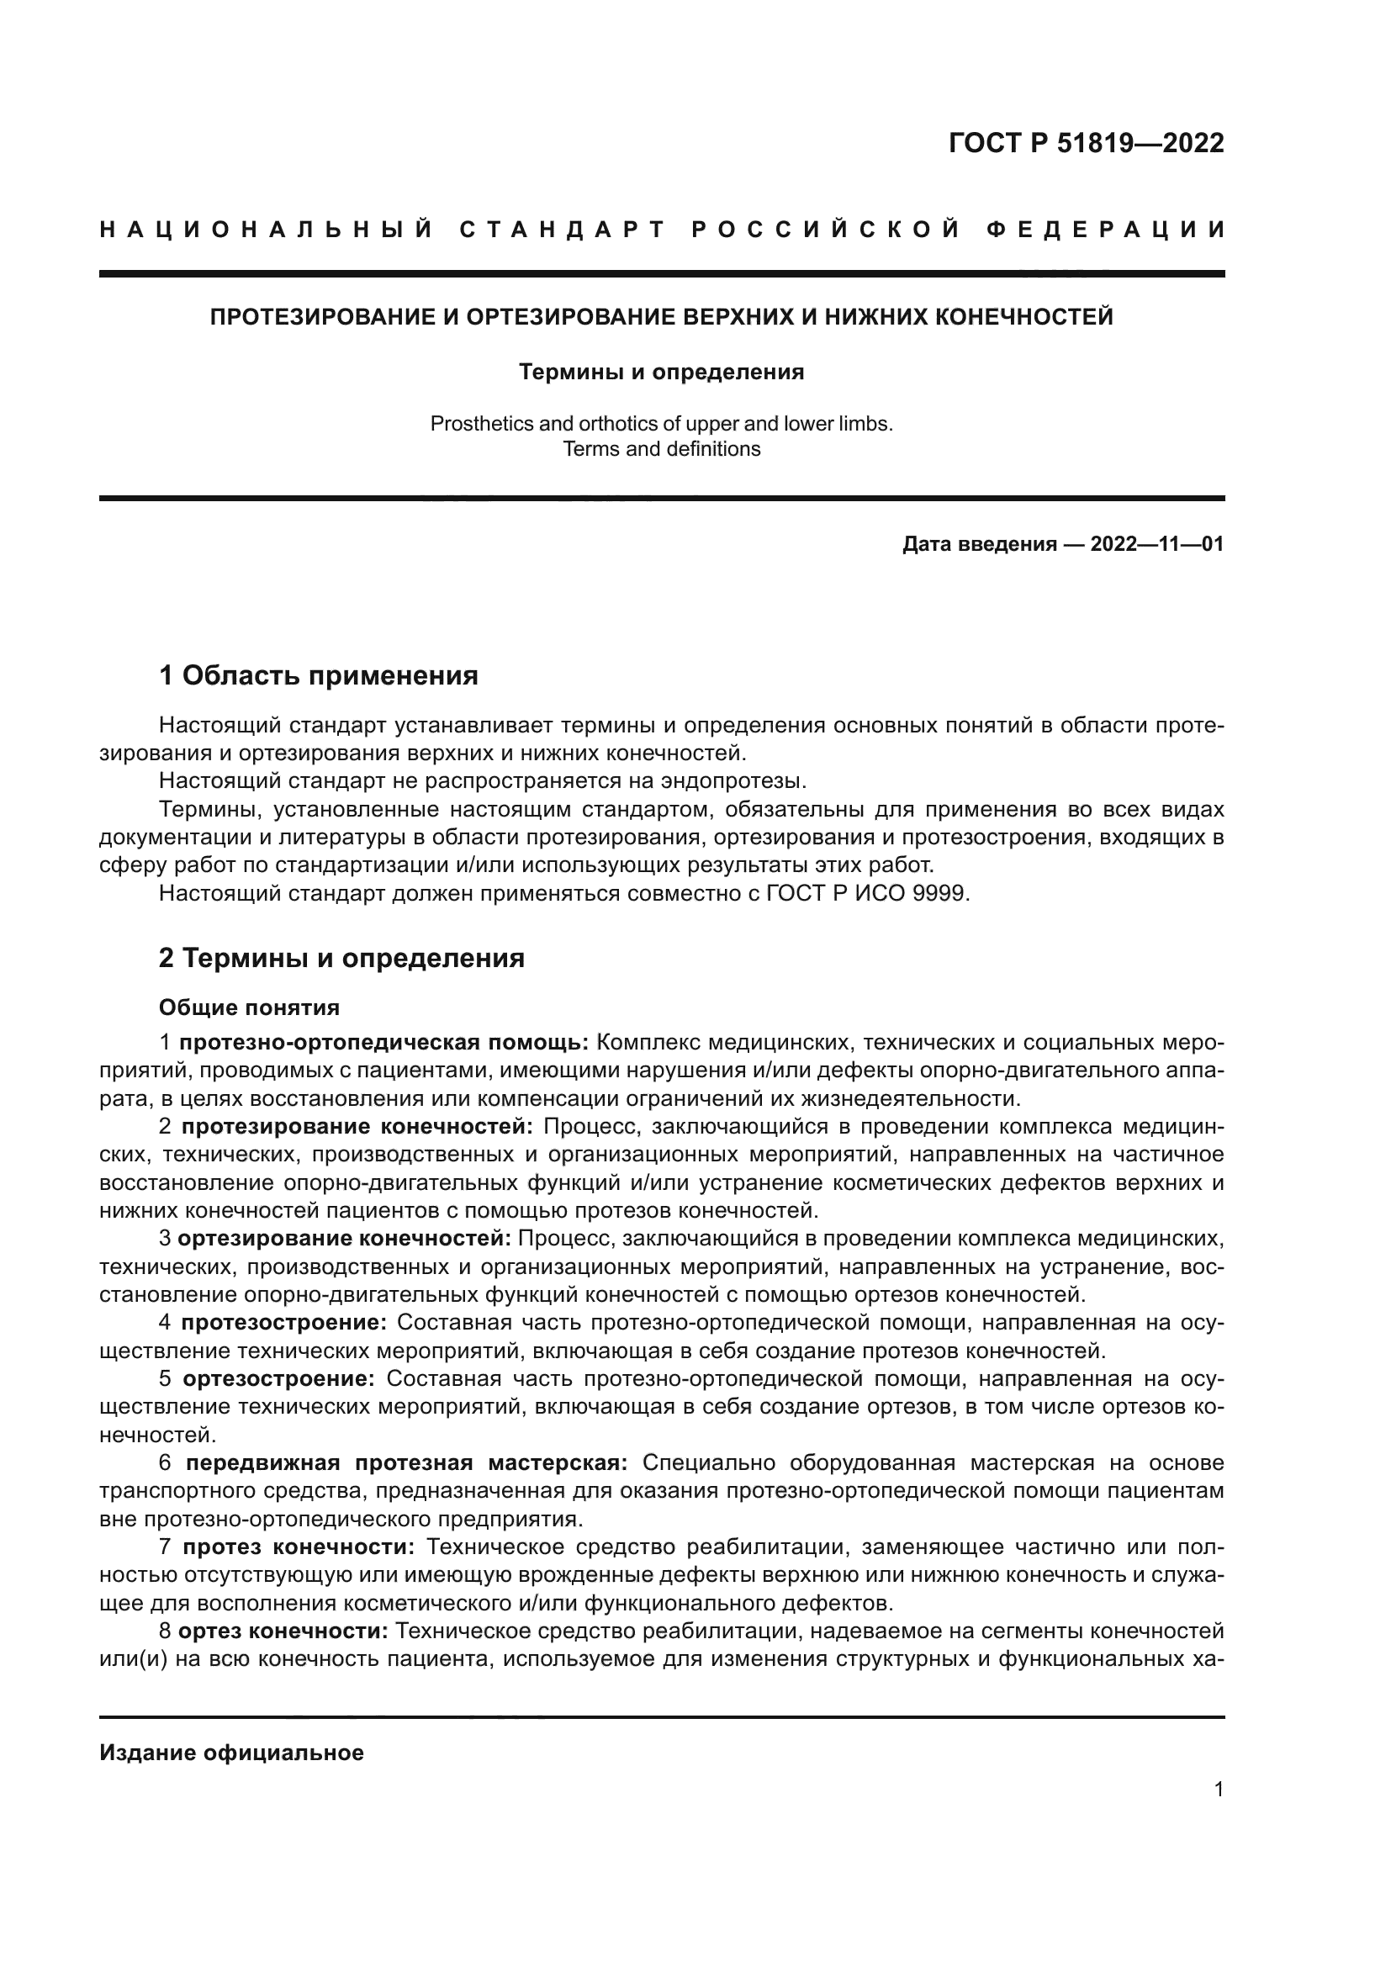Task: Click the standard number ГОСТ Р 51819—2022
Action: [1086, 143]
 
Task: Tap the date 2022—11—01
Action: [1156, 544]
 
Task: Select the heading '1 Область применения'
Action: [318, 676]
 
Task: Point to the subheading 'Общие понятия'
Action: [249, 1007]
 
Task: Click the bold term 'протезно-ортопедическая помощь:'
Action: [383, 1043]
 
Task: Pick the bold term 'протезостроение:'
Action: [284, 1323]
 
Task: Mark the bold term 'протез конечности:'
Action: [299, 1547]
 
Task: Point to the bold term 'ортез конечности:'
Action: [283, 1631]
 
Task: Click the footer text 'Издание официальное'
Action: [231, 1753]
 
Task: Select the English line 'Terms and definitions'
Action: [661, 449]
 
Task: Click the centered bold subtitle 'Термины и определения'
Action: [661, 372]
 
